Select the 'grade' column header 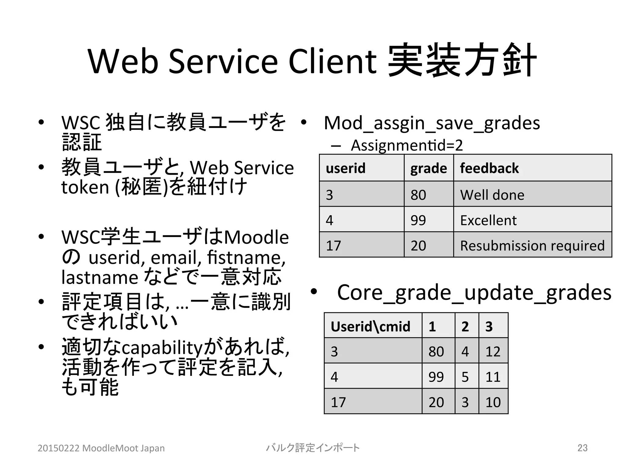coord(428,168)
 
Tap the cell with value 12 coord(493,351)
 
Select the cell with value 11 coord(493,377)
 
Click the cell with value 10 coord(493,402)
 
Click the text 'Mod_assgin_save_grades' coord(432,123)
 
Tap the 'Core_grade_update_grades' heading coord(474,293)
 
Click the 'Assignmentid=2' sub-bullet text coord(406,145)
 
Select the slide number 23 coord(582,448)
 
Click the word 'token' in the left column coord(85,187)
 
